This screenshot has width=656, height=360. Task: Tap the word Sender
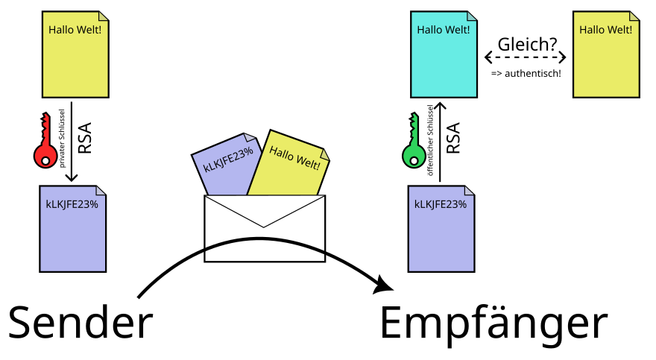coord(80,323)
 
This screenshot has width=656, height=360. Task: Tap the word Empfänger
coord(493,323)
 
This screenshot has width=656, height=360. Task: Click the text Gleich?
coord(527,45)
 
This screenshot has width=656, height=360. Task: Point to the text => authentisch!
coord(526,74)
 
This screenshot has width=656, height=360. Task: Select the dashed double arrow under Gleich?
coord(526,57)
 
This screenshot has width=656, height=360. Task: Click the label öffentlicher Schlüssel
coord(430,141)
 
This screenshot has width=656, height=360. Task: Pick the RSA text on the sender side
coord(84,138)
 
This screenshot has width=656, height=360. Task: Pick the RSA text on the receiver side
coord(452,138)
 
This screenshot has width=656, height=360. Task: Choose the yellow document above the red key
coord(75,56)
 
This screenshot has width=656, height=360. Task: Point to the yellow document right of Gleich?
coord(607,56)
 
